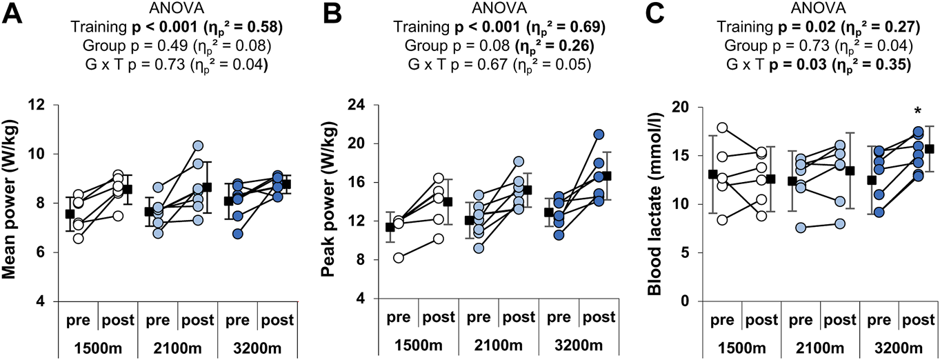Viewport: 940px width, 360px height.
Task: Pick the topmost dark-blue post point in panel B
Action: point(599,134)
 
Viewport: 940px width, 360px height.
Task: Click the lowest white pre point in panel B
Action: point(398,258)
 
